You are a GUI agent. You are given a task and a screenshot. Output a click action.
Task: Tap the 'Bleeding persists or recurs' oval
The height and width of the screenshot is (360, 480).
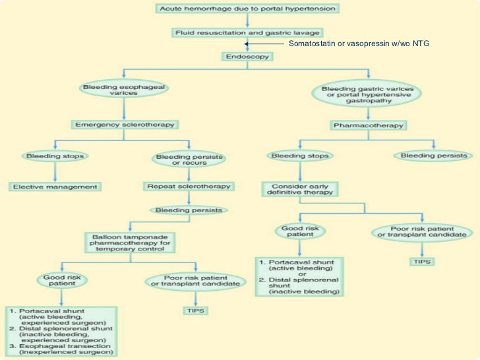coord(188,160)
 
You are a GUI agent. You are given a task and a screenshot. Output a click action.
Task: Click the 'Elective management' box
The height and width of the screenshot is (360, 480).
coord(55,187)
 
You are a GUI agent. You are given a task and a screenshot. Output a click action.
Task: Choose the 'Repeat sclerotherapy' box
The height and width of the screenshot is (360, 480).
coord(188,187)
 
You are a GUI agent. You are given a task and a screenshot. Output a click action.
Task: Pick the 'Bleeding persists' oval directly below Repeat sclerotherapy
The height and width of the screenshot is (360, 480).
coord(188,210)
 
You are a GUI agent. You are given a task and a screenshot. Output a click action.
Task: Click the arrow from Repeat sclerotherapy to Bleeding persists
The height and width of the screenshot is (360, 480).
coord(188,199)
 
